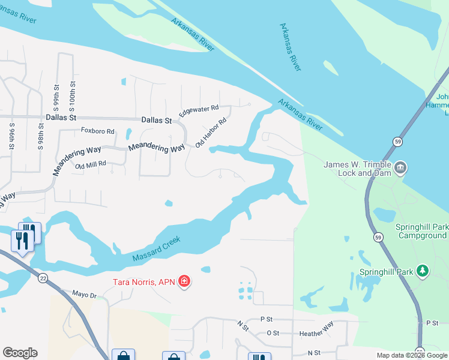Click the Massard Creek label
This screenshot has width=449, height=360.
tap(156, 248)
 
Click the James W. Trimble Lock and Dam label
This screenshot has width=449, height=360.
tap(357, 169)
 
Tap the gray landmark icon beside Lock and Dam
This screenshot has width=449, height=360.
tap(400, 166)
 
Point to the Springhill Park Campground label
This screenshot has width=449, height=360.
tap(421, 232)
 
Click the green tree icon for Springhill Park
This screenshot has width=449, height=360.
tap(423, 271)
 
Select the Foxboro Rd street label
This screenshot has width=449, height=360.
tap(97, 130)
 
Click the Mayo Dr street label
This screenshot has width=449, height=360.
tap(84, 295)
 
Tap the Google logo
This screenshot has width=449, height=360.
tap(20, 353)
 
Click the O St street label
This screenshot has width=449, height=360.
tap(273, 332)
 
